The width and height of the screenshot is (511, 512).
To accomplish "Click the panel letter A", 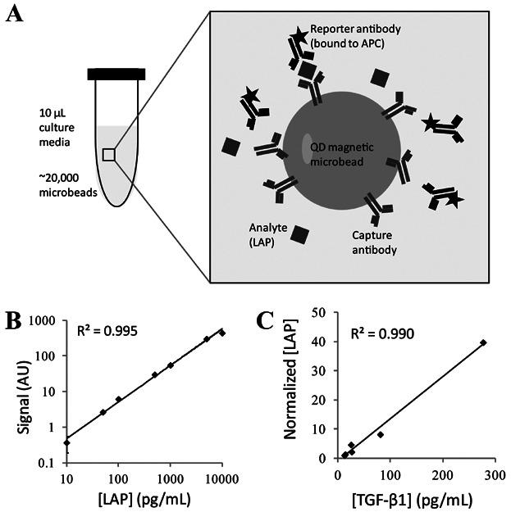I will pyautogui.click(x=12, y=14).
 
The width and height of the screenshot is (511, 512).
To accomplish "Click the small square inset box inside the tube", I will pyautogui.click(x=108, y=154).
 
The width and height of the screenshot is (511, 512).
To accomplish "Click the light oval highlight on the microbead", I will pyautogui.click(x=307, y=149).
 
